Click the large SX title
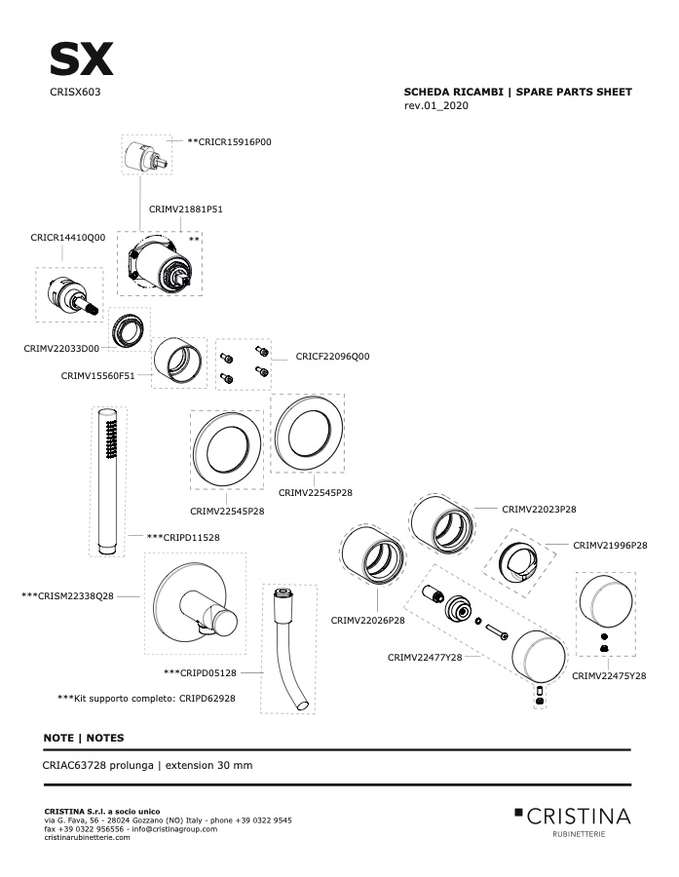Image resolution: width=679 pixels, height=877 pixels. (82, 59)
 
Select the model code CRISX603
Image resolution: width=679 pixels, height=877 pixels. (75, 92)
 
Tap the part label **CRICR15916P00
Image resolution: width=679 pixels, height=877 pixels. (229, 142)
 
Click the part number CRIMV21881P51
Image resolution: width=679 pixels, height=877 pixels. (186, 210)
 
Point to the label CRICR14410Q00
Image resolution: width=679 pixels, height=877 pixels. (67, 238)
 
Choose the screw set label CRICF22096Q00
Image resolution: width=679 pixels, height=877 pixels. (332, 357)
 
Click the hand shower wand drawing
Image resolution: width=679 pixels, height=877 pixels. (108, 481)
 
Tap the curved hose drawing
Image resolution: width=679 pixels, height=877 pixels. (289, 649)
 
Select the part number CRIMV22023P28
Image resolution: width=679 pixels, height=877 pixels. (539, 509)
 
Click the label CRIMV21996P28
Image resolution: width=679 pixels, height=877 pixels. (610, 545)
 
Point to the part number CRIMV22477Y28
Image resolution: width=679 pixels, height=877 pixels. (425, 657)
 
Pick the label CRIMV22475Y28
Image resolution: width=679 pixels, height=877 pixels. (609, 675)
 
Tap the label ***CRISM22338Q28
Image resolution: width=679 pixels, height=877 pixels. (67, 596)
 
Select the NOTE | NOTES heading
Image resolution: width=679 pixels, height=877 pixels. (84, 738)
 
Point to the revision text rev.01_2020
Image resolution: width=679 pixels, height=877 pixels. (436, 105)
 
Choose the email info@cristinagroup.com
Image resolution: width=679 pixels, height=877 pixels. (174, 829)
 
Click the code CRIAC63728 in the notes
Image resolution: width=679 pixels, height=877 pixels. (74, 765)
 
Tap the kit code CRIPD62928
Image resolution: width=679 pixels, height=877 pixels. (207, 699)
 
